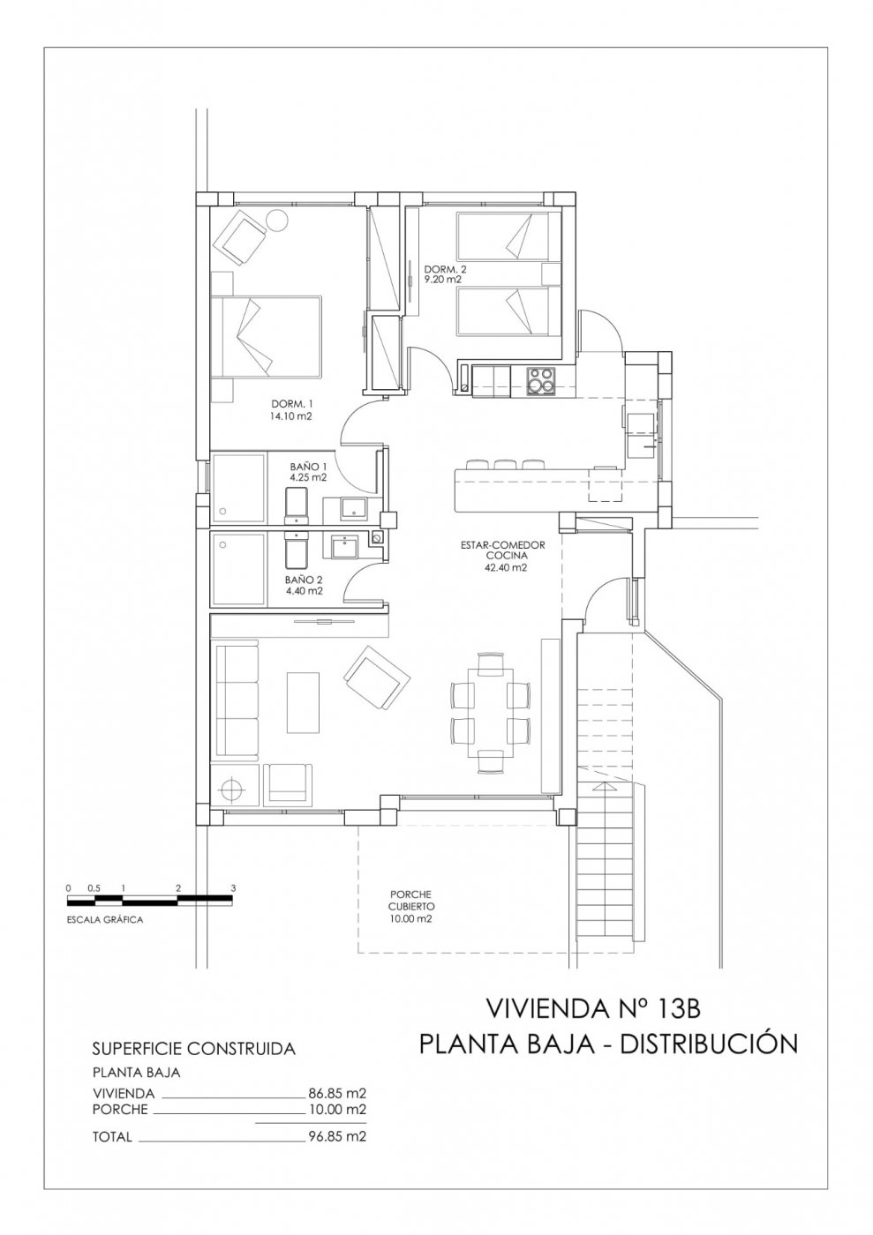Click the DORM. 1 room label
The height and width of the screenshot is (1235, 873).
[290, 410]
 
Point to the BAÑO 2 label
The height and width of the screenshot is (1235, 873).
[304, 585]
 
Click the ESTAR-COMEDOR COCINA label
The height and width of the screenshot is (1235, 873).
[503, 556]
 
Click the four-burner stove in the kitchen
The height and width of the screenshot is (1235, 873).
[540, 380]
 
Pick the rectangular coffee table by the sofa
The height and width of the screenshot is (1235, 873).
[304, 702]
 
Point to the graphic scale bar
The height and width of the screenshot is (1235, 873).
[150, 901]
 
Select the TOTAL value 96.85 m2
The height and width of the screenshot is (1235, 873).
[337, 1137]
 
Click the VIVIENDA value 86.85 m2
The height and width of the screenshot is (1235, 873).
[337, 1093]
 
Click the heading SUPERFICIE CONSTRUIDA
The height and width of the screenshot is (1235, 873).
[193, 1049]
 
